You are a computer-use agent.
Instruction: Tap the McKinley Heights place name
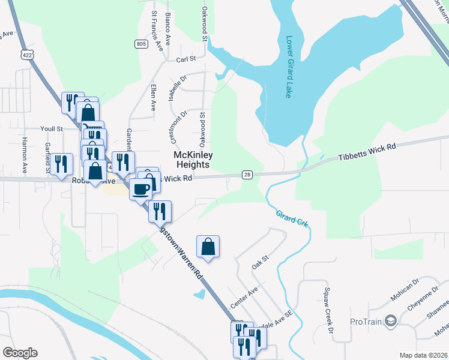(x=192, y=159)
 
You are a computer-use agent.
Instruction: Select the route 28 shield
(x=247, y=175)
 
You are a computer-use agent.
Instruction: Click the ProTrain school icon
(x=391, y=320)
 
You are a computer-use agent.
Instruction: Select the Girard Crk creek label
(x=292, y=218)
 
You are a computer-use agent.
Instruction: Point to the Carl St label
(x=186, y=59)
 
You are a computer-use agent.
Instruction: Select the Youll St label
(x=52, y=128)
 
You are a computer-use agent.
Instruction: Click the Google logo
(x=20, y=353)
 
